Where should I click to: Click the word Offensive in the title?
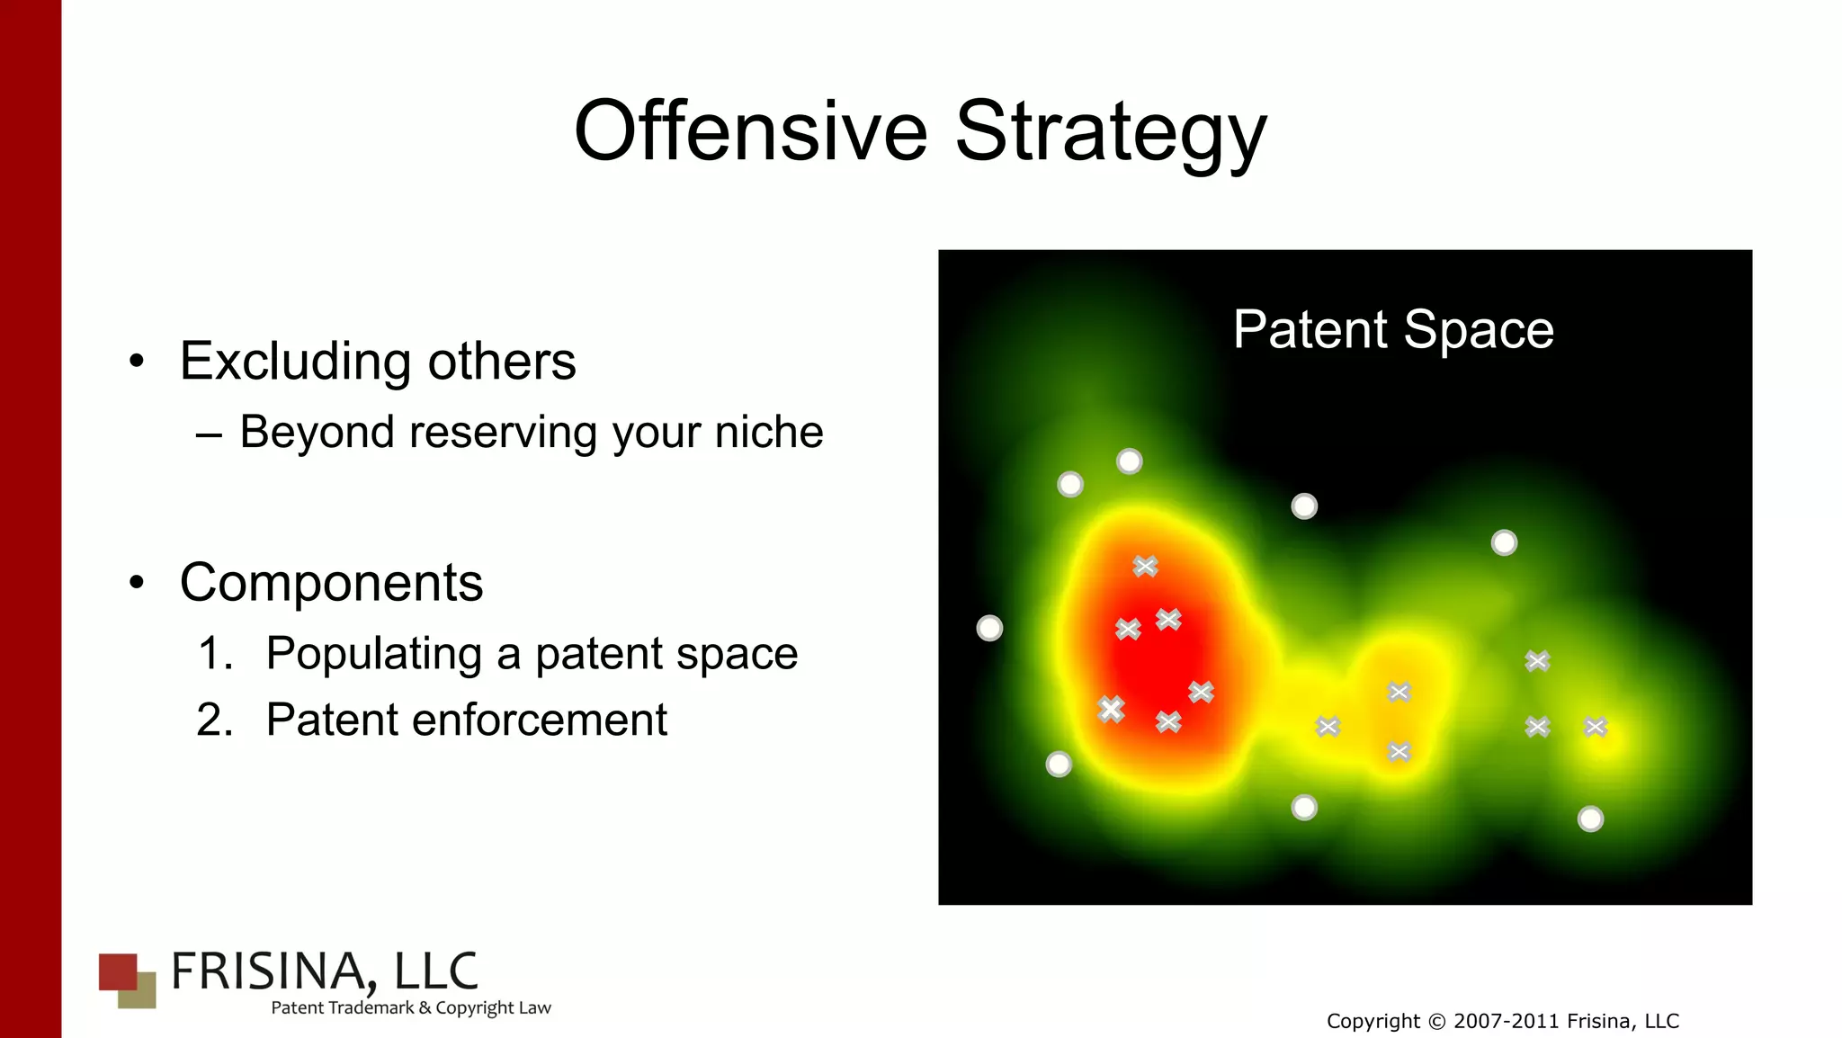tap(750, 131)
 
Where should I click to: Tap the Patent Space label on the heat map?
tap(1392, 329)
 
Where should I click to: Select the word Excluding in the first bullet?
tap(296, 362)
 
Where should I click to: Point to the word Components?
tap(331, 582)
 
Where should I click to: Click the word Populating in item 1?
tap(373, 654)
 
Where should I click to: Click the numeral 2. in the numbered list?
tap(215, 720)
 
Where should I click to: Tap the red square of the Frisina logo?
tap(118, 971)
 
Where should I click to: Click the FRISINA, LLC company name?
tap(324, 971)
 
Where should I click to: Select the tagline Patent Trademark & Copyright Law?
tap(410, 1008)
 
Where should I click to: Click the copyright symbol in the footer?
tap(1436, 1022)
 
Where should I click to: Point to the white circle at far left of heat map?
tap(989, 628)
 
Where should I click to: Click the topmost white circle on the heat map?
tap(1129, 461)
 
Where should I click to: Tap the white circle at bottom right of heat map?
tap(1590, 819)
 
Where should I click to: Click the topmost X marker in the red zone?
tap(1145, 566)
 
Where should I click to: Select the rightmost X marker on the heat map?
tap(1596, 727)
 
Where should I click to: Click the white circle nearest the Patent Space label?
tap(1304, 506)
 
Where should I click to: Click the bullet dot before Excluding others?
tap(136, 362)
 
